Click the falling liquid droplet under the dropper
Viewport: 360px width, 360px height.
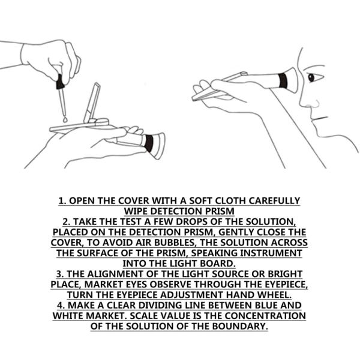pos(65,119)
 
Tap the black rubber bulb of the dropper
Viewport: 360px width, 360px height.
pos(60,82)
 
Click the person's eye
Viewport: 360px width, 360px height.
pos(311,77)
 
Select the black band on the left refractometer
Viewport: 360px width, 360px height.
pos(149,143)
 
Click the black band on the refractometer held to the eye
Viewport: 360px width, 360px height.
pos(283,80)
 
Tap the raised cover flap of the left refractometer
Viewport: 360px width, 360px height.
pos(92,103)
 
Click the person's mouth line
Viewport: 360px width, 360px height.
pos(319,119)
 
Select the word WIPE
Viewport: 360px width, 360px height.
pos(136,211)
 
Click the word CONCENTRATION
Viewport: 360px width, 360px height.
pos(265,316)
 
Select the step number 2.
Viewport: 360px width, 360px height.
pos(66,222)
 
